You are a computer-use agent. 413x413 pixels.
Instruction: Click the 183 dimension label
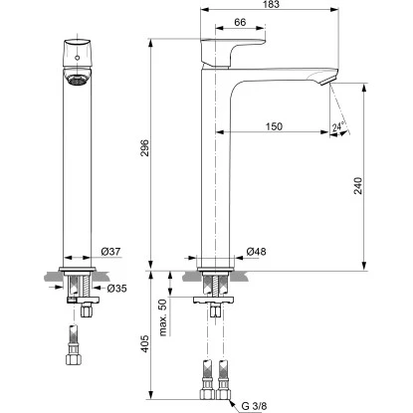pyautogui.click(x=272, y=4)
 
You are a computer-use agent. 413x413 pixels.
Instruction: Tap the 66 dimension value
pyautogui.click(x=240, y=22)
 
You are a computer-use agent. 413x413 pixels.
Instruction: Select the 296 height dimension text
pyautogui.click(x=145, y=148)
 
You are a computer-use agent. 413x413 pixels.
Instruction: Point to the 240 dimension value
pyautogui.click(x=358, y=186)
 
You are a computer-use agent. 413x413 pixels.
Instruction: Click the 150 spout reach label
pyautogui.click(x=274, y=126)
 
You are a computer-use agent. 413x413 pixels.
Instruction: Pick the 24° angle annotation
pyautogui.click(x=338, y=126)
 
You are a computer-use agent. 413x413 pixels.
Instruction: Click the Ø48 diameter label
pyautogui.click(x=256, y=252)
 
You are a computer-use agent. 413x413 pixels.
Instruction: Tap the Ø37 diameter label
pyautogui.click(x=110, y=252)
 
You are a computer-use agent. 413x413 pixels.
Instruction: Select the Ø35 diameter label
pyautogui.click(x=116, y=289)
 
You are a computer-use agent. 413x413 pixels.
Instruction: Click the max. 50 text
pyautogui.click(x=163, y=317)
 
